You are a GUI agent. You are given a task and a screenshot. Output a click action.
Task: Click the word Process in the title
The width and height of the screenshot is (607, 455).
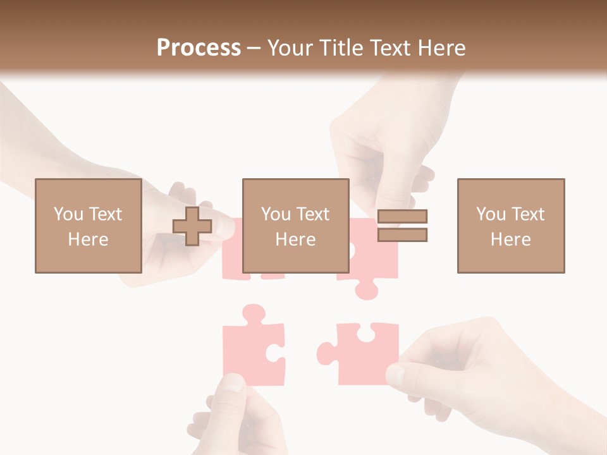click(x=199, y=47)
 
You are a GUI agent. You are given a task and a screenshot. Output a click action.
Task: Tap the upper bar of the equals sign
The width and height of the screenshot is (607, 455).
click(x=402, y=216)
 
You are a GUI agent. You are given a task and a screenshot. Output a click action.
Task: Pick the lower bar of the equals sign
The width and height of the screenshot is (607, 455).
click(x=402, y=235)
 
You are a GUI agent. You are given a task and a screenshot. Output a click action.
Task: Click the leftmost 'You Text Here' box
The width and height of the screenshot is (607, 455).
click(x=88, y=226)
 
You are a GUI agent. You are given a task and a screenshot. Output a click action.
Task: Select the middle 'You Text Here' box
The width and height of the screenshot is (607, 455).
click(x=295, y=226)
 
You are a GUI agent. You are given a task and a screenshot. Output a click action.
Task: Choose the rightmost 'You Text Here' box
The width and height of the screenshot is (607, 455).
click(x=510, y=226)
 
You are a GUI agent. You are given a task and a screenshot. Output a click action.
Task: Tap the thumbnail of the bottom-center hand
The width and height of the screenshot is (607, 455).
click(x=233, y=382)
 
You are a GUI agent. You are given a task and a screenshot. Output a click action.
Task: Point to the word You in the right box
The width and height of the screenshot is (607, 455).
click(x=491, y=214)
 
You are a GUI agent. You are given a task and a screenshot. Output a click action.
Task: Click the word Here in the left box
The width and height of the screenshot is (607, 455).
click(x=88, y=240)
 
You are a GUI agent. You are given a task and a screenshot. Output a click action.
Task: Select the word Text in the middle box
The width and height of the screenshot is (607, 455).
click(x=313, y=214)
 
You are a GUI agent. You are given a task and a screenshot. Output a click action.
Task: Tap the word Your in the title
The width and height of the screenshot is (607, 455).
click(x=290, y=47)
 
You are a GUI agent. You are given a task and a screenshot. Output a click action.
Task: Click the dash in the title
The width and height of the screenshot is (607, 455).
click(x=254, y=48)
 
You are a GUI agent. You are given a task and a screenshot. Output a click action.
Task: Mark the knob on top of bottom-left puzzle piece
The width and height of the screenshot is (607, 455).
click(x=254, y=313)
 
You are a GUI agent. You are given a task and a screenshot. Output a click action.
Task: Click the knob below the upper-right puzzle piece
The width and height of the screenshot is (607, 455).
click(x=366, y=290)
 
